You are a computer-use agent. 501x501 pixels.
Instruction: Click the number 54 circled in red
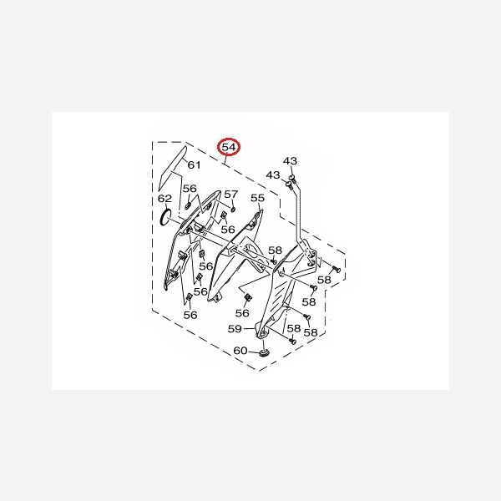point(229,148)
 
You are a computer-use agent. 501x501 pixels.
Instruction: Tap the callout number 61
point(193,165)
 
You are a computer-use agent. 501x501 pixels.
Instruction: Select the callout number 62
point(165,199)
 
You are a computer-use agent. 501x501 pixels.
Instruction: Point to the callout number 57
point(230,195)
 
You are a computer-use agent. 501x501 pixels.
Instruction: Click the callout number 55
point(258,199)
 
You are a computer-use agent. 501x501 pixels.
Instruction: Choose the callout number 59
point(235,329)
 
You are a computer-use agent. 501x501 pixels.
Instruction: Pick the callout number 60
point(240,351)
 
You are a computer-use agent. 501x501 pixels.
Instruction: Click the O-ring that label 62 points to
point(166,219)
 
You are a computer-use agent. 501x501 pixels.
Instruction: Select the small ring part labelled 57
point(235,208)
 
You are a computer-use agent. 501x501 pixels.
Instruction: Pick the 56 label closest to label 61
point(190,189)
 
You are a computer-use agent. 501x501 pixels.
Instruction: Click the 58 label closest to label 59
point(293,329)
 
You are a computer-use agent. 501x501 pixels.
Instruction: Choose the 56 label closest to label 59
point(242,312)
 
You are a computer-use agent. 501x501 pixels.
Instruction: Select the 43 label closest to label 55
point(273,175)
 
